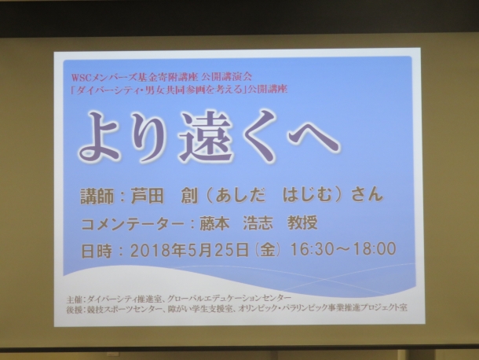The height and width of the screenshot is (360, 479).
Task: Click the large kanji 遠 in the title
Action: click(x=207, y=137)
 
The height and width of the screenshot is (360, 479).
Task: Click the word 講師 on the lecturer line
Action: click(x=97, y=196)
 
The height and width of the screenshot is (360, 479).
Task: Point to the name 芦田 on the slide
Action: click(x=147, y=195)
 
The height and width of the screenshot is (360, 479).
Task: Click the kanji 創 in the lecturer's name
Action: click(x=189, y=195)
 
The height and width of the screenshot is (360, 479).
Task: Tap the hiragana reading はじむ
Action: click(x=307, y=195)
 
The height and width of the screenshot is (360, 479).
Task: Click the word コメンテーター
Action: click(x=133, y=224)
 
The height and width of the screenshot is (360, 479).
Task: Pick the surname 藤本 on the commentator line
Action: click(x=214, y=223)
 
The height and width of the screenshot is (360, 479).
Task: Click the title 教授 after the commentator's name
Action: click(x=302, y=222)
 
